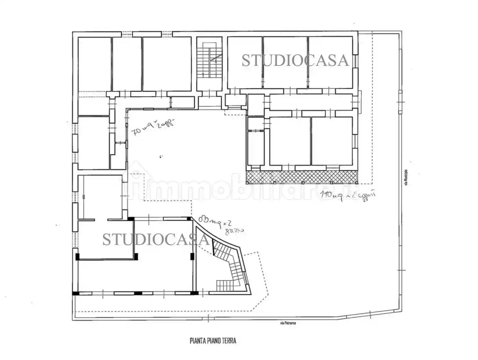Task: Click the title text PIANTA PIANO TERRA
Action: coord(213,341)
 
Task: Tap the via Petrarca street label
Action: coord(288,323)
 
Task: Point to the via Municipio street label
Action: coord(406,177)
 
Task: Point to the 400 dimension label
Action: coord(83,197)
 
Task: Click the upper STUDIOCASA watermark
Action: coord(295,61)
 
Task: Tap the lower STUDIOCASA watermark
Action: coord(155,239)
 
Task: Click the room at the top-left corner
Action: coord(94,63)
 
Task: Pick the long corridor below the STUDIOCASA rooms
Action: coord(311,102)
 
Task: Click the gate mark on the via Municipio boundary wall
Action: coord(400,103)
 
